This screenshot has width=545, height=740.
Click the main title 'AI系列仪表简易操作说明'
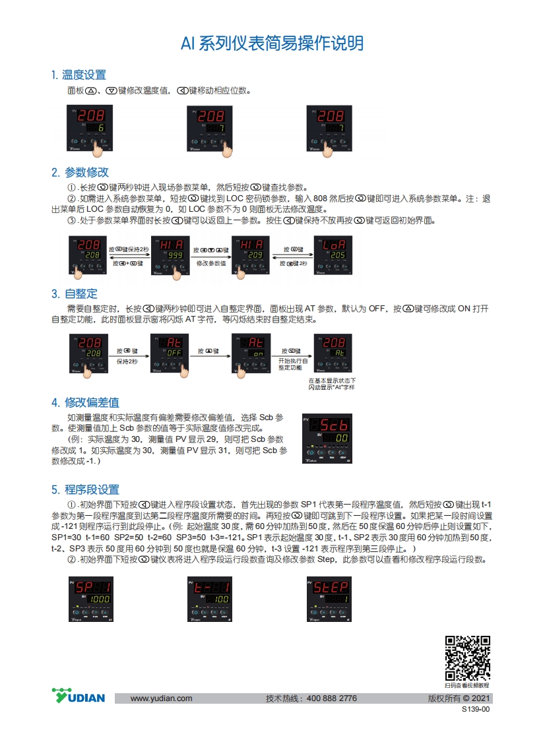click(272, 44)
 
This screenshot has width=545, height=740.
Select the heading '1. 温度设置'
click(79, 75)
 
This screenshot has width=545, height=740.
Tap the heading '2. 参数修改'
click(80, 172)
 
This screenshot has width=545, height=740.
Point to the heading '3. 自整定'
click(75, 293)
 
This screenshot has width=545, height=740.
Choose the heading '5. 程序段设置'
click(85, 489)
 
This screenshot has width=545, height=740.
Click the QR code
click(467, 658)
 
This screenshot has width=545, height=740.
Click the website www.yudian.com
click(161, 698)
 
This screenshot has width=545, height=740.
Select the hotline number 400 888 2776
click(332, 698)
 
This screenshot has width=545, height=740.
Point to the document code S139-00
click(476, 710)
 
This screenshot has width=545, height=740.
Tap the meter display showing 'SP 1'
click(90, 599)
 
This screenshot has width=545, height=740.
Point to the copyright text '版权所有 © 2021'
click(459, 698)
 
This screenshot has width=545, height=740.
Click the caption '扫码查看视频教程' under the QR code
click(467, 686)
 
